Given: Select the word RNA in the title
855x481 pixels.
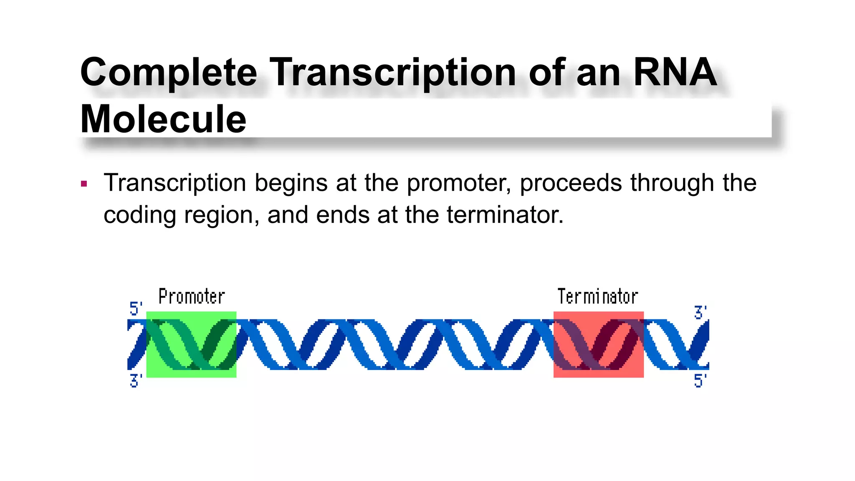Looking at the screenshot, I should (675, 72).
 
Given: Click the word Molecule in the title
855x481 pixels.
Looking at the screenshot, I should (163, 119).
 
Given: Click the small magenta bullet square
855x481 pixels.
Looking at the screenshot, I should (84, 184).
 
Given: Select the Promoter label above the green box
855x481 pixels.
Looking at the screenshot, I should (192, 297).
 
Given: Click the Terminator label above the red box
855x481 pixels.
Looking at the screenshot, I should (597, 297).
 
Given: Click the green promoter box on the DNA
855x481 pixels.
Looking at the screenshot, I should (191, 344).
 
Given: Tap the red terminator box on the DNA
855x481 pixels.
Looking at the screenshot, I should (598, 344).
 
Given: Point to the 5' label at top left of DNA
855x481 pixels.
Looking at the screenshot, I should (136, 309).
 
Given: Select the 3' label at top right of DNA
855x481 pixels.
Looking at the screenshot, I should (700, 312).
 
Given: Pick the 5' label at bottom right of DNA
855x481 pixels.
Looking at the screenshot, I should (700, 381).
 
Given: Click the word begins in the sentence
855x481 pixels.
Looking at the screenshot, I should (291, 184).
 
